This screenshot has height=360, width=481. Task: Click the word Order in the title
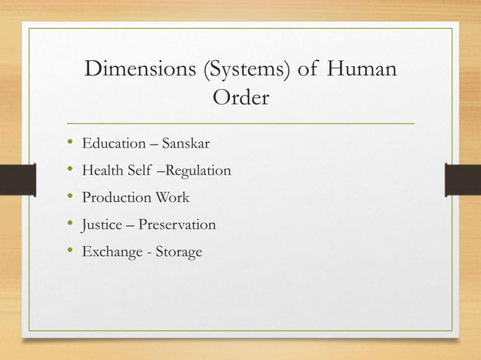coord(240,99)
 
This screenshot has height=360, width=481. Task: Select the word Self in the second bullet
coord(141,171)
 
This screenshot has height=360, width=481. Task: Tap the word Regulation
coord(198,171)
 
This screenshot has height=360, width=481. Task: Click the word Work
coord(172,198)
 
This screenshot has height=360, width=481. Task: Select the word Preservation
coord(176,225)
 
